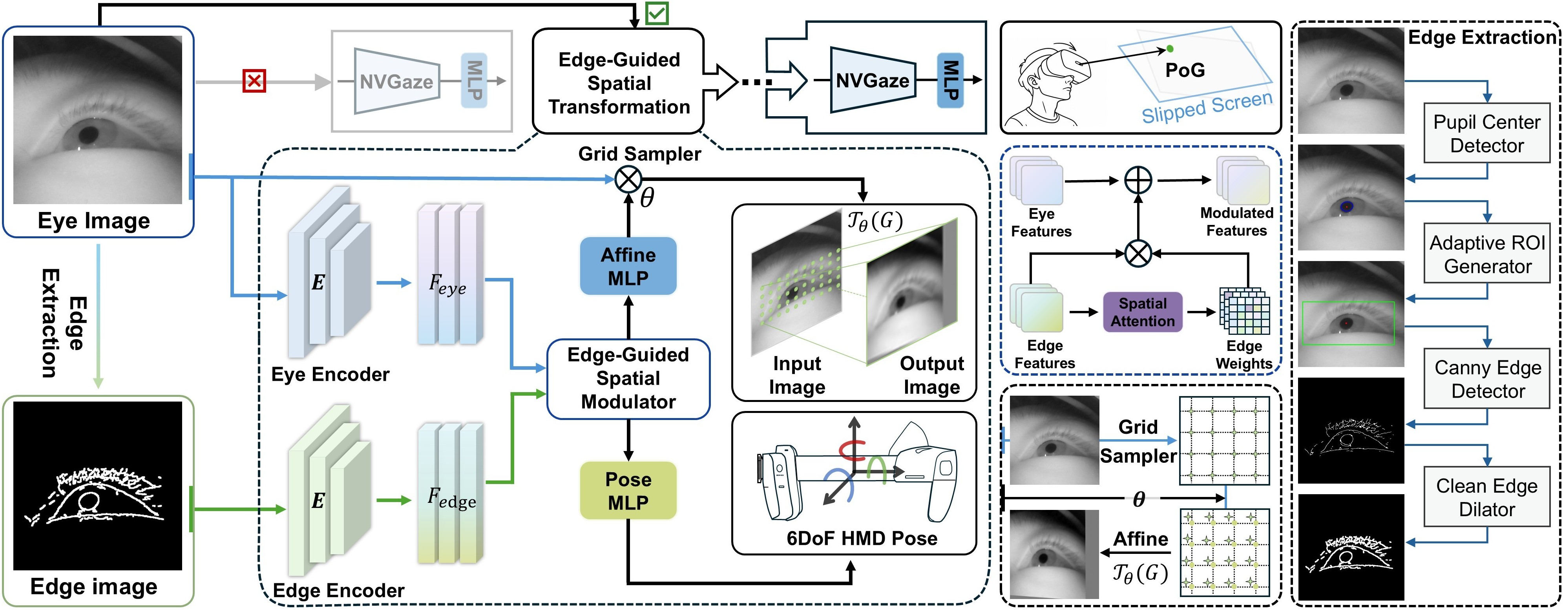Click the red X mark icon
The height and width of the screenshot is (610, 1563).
click(x=254, y=81)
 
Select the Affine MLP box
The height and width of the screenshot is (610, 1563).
click(x=628, y=267)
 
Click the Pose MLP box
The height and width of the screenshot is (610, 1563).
click(x=628, y=490)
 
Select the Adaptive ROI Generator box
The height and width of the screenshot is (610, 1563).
click(x=1487, y=254)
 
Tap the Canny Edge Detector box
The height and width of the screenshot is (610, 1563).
click(x=1487, y=379)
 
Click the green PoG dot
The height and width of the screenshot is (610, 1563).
click(x=1170, y=49)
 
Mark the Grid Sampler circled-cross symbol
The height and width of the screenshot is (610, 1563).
click(x=628, y=179)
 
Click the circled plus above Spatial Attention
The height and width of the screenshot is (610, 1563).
click(x=1138, y=180)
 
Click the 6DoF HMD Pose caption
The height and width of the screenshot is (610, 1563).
click(x=862, y=539)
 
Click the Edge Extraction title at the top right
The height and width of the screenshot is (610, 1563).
click(x=1482, y=38)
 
